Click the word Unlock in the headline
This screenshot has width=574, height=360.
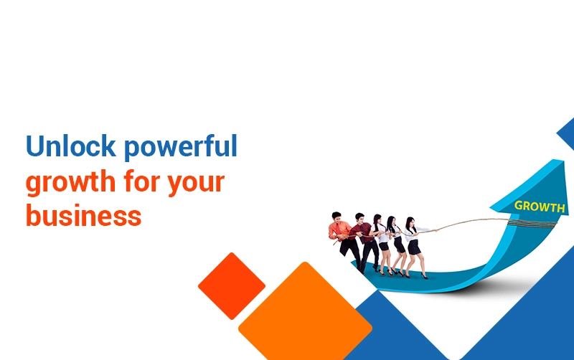tap(70, 146)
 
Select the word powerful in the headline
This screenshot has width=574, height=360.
tap(181, 147)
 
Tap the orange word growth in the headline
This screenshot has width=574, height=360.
tap(70, 183)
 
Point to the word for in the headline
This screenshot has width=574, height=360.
tap(142, 181)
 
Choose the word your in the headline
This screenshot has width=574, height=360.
tap(196, 184)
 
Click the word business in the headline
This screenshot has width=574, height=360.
tap(83, 215)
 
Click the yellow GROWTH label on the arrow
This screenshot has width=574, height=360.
tap(540, 207)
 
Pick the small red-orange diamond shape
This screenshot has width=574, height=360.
tap(232, 285)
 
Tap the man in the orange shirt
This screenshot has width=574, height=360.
tap(344, 238)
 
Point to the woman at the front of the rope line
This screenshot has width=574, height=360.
tap(415, 245)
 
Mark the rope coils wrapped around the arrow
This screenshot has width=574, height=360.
tap(532, 223)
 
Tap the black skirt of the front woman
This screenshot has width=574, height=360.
tap(414, 247)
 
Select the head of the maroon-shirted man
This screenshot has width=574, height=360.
tap(359, 219)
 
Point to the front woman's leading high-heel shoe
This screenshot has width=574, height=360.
tap(424, 276)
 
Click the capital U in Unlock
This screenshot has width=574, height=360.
tap(34, 146)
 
